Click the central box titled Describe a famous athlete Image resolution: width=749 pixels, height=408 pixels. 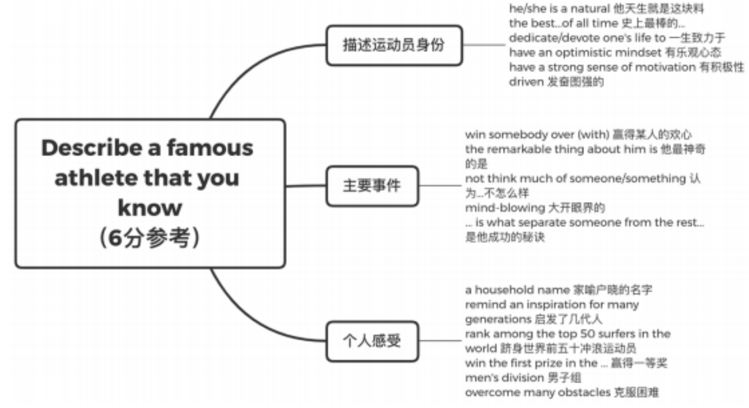click(x=150, y=193)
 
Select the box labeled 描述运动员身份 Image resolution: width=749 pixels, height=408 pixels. click(x=393, y=46)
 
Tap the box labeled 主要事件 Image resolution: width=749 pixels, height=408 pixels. click(x=372, y=186)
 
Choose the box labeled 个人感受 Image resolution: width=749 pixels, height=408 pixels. click(x=372, y=340)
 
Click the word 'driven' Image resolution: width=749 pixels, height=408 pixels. click(x=524, y=81)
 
